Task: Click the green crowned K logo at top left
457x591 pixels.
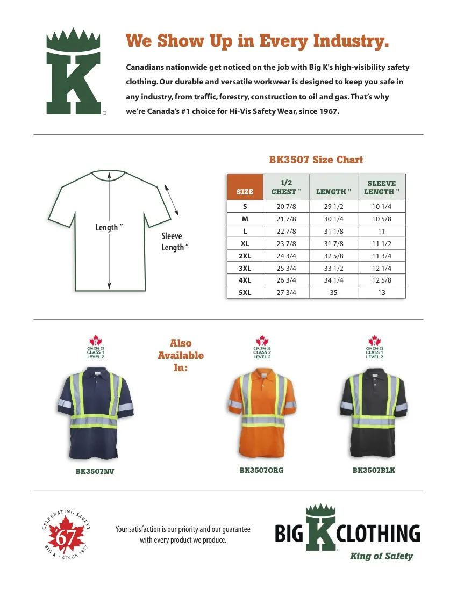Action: (x=74, y=73)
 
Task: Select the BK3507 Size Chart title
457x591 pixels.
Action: (x=316, y=160)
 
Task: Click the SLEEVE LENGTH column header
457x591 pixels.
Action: (x=381, y=188)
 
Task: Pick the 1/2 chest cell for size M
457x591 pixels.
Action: (x=286, y=219)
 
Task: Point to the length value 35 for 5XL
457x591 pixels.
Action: (x=333, y=293)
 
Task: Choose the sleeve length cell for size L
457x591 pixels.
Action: (x=381, y=232)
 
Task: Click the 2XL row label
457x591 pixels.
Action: (x=245, y=256)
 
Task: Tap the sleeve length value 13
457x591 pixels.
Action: (x=381, y=293)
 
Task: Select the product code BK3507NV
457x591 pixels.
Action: (x=95, y=471)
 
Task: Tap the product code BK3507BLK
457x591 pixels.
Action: (x=374, y=470)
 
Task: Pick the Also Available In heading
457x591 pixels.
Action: (x=181, y=355)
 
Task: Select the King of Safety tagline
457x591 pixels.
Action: (x=381, y=556)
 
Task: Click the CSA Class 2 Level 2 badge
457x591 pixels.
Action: (x=262, y=348)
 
